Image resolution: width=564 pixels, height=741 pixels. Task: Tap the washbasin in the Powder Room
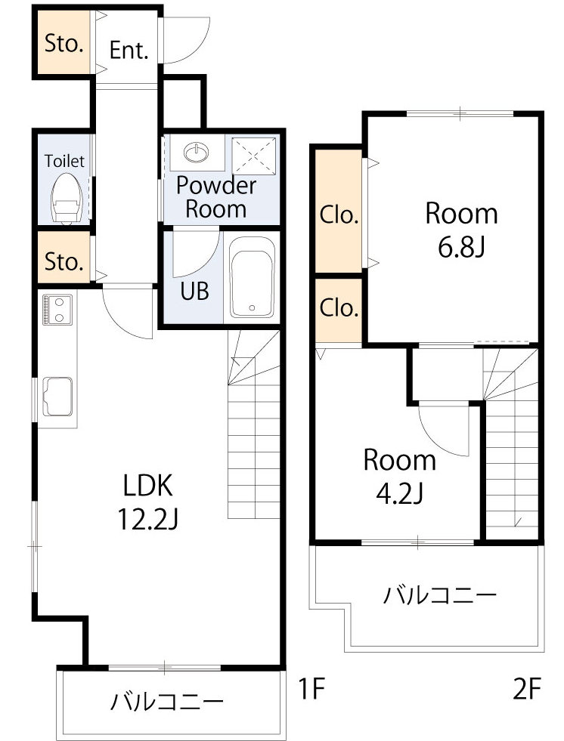[x=197, y=152]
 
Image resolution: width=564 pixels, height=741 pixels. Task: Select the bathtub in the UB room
[x=252, y=277]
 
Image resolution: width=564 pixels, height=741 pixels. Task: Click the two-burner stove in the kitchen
[x=57, y=310]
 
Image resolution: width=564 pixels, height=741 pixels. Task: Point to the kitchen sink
[x=57, y=397]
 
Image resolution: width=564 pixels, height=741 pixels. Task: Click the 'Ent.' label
[x=129, y=50]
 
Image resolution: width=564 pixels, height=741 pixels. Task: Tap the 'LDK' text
[x=147, y=485]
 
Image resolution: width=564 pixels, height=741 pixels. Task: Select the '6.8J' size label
[x=461, y=247]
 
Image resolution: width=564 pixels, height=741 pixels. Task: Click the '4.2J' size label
[x=399, y=493]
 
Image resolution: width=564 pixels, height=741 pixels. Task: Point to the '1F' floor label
[x=311, y=688]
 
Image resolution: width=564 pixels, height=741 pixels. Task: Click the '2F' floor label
[x=527, y=688]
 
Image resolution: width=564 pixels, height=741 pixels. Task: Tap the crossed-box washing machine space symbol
[x=253, y=156]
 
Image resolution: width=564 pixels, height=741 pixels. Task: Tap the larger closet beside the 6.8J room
[x=339, y=211]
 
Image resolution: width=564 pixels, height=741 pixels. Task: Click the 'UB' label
[x=194, y=291]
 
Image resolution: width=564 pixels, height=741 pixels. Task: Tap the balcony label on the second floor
[x=439, y=594]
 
